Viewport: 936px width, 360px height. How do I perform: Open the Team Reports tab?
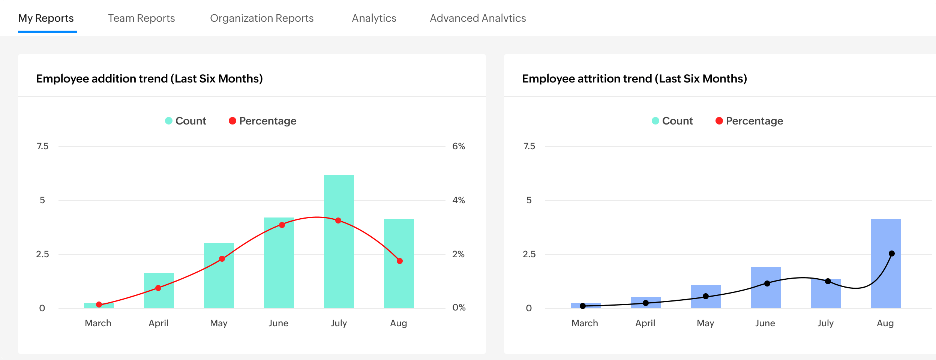[141, 18]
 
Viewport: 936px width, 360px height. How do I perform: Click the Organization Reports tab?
[262, 18]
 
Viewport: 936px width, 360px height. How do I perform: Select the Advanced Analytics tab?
[478, 18]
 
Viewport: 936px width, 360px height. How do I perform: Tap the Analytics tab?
[374, 18]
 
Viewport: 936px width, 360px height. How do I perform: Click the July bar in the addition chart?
[339, 262]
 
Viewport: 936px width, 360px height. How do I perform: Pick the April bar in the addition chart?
[159, 298]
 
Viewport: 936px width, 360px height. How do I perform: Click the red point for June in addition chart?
[282, 225]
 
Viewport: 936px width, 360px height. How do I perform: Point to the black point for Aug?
[892, 253]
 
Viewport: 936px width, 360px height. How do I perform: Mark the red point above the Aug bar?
[400, 261]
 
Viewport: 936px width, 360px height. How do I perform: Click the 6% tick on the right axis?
[458, 146]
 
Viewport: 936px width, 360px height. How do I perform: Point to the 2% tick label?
[458, 254]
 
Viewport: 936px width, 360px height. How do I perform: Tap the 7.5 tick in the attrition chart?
[529, 146]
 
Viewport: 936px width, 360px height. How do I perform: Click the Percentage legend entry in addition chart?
[262, 121]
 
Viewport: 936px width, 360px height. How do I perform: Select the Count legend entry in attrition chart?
[672, 121]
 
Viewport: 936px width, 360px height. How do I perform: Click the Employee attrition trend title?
[634, 79]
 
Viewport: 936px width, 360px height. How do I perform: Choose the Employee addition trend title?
[149, 79]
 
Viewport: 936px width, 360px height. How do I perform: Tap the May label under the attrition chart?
[705, 323]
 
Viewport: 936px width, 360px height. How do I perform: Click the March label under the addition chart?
[98, 323]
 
